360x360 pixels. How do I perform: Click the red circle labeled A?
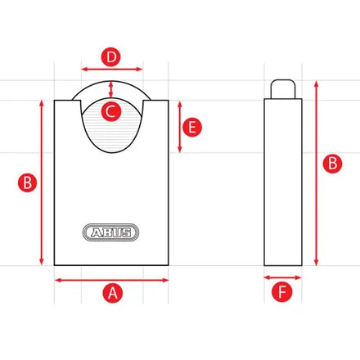click(112, 292)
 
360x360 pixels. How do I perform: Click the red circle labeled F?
click(282, 292)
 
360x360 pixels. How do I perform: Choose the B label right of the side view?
click(332, 163)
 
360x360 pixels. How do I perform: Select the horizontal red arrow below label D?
click(112, 70)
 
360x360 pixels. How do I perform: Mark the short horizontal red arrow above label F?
click(282, 278)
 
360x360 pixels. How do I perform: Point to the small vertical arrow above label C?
click(112, 88)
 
